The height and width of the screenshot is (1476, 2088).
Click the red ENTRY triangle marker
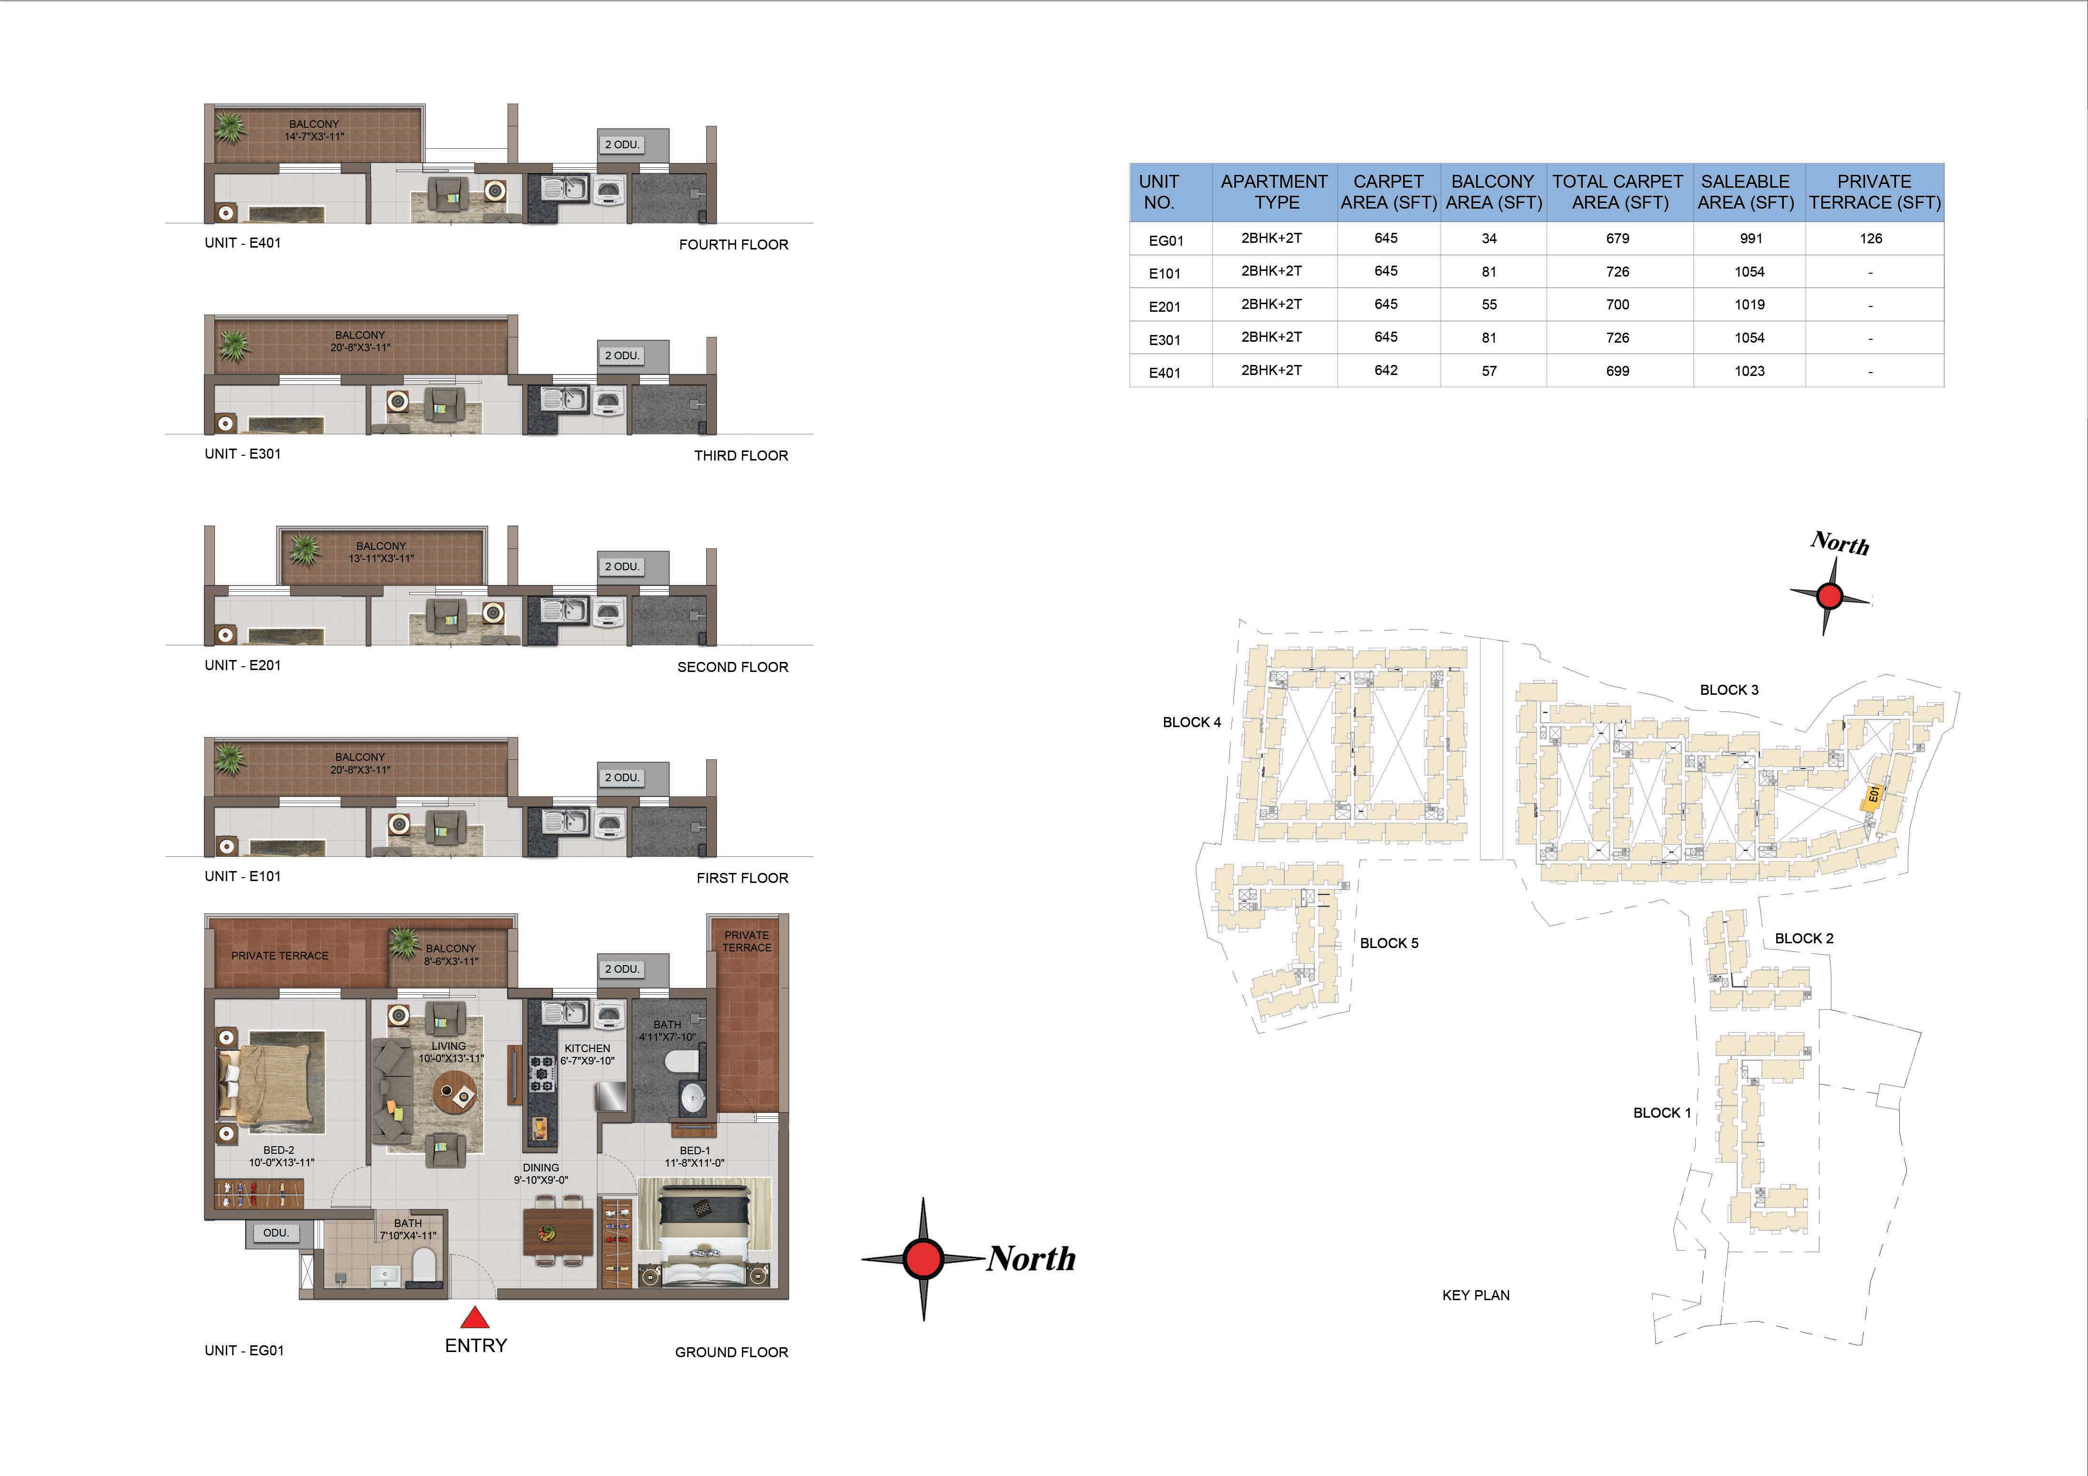point(475,1318)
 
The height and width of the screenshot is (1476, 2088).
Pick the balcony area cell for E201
point(1489,305)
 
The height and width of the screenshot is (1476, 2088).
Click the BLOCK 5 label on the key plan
point(1389,943)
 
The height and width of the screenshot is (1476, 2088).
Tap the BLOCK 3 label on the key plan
point(1729,690)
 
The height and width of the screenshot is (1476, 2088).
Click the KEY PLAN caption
point(1475,1295)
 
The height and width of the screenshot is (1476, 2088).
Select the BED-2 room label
point(279,1150)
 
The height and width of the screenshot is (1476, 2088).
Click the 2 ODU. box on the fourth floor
point(623,144)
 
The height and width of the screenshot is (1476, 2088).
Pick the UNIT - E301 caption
point(243,454)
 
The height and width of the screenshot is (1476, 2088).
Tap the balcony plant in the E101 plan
point(230,757)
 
